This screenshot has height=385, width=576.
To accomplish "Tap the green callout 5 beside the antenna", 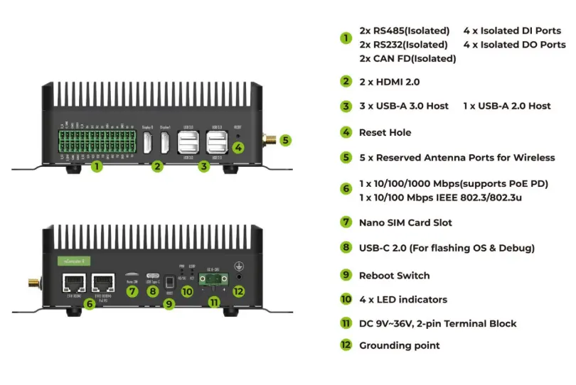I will pyautogui.click(x=284, y=140).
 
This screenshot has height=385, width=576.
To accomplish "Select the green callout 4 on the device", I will pyautogui.click(x=239, y=148).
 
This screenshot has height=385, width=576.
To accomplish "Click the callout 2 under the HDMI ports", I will pyautogui.click(x=158, y=166).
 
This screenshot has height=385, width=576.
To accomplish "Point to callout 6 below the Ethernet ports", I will pyautogui.click(x=89, y=303).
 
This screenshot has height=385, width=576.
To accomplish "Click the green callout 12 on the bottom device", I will pyautogui.click(x=239, y=291).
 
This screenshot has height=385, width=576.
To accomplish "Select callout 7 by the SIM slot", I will pyautogui.click(x=132, y=291).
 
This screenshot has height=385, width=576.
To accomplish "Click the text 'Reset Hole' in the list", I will pyautogui.click(x=385, y=132).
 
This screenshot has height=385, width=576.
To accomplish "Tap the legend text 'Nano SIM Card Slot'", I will pyautogui.click(x=405, y=222).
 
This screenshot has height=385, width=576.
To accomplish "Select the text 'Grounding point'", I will pyautogui.click(x=399, y=345).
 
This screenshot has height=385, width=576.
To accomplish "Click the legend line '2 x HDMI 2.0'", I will pyautogui.click(x=389, y=82).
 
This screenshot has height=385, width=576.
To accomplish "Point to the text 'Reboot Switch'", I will pyautogui.click(x=394, y=276).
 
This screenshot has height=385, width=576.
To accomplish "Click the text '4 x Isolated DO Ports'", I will pyautogui.click(x=514, y=44).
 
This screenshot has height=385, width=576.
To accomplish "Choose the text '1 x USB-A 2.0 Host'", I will pyautogui.click(x=506, y=106).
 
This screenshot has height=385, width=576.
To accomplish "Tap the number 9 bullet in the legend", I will pyautogui.click(x=346, y=275).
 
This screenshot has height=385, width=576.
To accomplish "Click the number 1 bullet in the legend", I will pyautogui.click(x=346, y=38).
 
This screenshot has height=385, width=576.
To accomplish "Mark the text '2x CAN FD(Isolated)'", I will pyautogui.click(x=407, y=58).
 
